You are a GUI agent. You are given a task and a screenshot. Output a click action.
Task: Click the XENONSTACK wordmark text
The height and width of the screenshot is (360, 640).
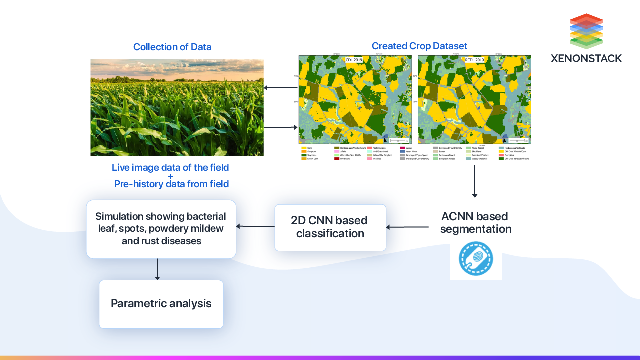[586, 58]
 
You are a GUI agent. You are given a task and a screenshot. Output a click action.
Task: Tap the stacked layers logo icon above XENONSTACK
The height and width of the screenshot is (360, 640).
[586, 31]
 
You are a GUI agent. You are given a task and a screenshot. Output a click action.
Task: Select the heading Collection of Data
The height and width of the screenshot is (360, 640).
[172, 47]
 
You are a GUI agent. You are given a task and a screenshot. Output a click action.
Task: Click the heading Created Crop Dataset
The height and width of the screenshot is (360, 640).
[419, 46]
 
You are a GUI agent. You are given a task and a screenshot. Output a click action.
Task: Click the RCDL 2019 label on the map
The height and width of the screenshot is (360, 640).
[474, 60]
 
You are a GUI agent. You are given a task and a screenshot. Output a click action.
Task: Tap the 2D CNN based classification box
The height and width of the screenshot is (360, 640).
[330, 227]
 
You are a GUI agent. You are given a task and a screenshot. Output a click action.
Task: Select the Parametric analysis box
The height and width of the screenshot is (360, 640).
[161, 304]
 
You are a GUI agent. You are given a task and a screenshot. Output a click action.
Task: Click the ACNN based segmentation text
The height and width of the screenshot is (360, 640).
[475, 223]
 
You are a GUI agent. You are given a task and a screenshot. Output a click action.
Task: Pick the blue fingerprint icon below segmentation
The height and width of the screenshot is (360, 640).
[476, 259]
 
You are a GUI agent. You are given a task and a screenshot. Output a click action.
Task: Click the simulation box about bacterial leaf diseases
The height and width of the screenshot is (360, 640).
[161, 229]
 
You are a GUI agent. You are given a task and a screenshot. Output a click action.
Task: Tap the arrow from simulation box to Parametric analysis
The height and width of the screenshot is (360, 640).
[157, 269]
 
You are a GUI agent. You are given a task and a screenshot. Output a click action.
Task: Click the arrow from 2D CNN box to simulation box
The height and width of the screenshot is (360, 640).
[255, 226]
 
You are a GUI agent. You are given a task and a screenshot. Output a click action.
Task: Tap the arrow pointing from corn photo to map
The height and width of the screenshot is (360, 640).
[281, 127]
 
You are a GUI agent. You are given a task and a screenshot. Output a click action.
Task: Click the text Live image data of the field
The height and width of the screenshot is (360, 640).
[170, 168]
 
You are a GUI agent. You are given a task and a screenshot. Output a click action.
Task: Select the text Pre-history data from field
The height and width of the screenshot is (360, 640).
[171, 184]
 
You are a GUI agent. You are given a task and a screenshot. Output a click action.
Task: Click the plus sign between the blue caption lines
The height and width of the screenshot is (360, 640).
[170, 176]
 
